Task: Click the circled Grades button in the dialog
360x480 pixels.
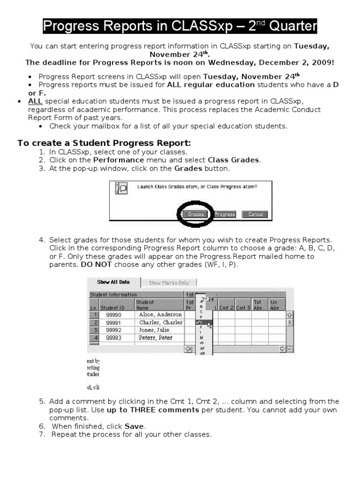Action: (195, 214)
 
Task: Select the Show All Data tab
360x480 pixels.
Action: (113, 282)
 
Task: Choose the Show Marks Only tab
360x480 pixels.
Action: (169, 283)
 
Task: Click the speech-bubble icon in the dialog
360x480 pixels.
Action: (121, 188)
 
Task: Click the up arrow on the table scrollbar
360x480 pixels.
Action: (289, 315)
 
